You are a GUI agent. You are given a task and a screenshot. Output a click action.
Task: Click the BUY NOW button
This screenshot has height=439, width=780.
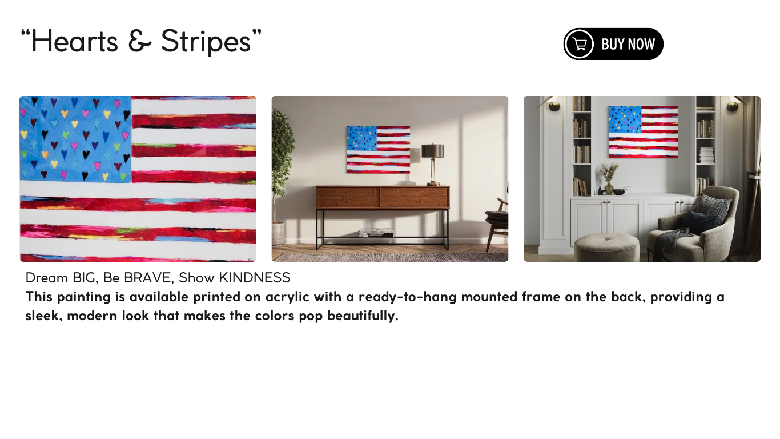tap(613, 44)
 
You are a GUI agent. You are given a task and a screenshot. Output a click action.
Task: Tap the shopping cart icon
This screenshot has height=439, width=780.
tap(580, 44)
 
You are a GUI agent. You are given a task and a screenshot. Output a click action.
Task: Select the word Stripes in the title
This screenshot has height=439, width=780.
tap(206, 42)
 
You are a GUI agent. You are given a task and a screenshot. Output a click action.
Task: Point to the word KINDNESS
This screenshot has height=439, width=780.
tap(255, 278)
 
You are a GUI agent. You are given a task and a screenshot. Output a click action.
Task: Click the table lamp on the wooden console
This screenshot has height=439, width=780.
tap(433, 163)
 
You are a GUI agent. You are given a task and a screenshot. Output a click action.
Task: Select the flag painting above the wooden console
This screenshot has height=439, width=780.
tap(378, 150)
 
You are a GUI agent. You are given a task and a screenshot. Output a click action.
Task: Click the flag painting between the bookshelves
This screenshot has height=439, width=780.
tap(643, 132)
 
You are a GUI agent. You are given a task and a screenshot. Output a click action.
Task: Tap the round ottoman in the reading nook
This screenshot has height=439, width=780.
tap(606, 246)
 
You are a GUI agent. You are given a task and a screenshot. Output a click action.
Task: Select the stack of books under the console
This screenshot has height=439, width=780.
tap(376, 233)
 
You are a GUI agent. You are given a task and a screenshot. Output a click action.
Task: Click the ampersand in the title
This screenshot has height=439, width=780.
tap(139, 42)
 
